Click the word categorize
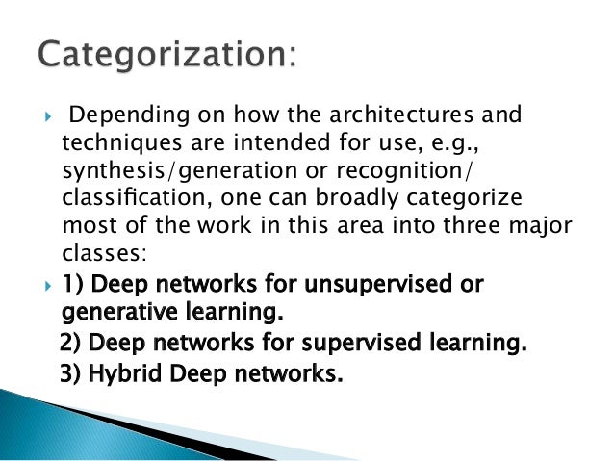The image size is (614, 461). (x=461, y=201)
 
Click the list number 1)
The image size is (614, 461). (x=73, y=286)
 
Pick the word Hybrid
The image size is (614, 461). (x=124, y=372)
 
